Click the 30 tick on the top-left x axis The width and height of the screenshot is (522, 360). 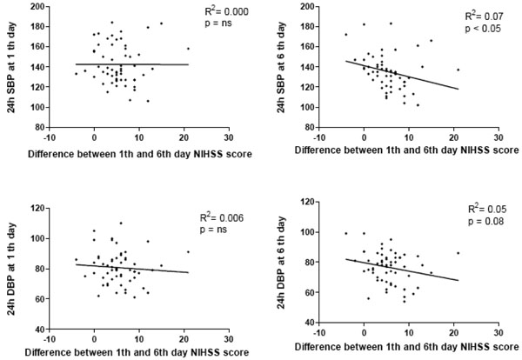coord(229,137)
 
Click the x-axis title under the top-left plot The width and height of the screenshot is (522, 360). coord(139,151)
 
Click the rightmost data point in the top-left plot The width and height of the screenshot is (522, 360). coord(188,49)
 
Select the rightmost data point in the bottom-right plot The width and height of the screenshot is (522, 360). coord(458,253)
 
